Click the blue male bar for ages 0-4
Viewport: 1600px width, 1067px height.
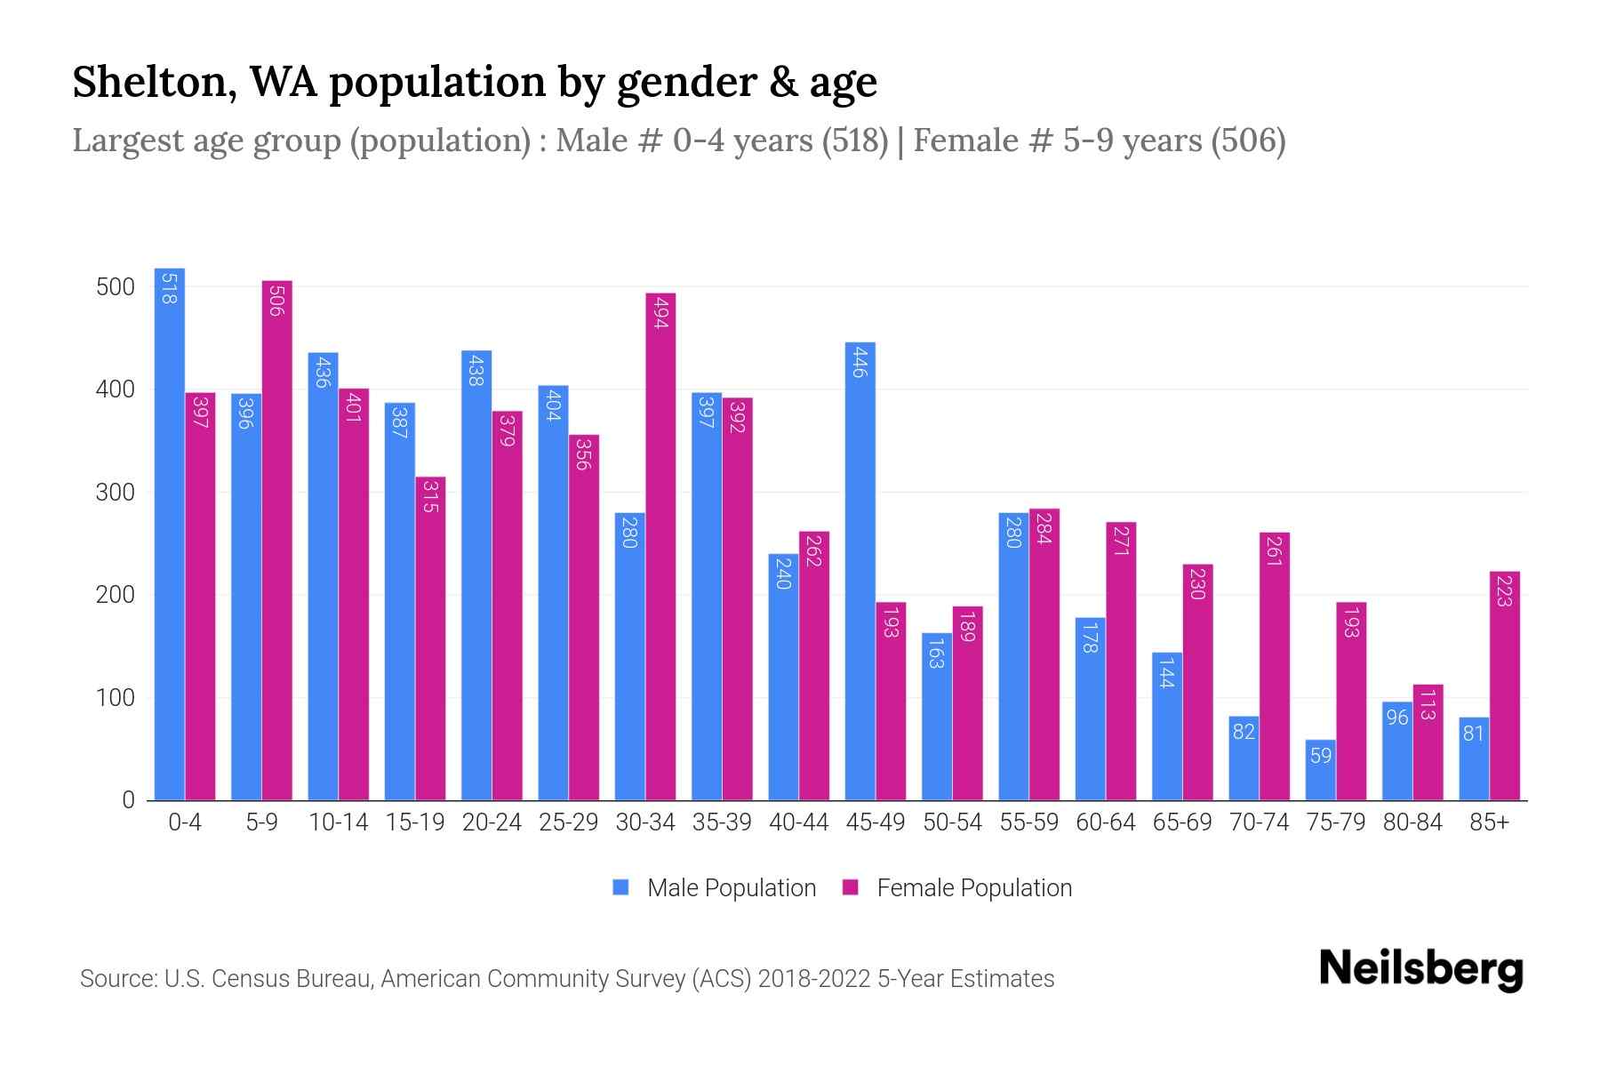pos(170,533)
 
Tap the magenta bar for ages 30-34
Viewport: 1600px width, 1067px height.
pos(660,547)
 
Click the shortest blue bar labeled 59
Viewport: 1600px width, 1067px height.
pos(1320,770)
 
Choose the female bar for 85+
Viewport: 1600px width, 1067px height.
pos(1504,686)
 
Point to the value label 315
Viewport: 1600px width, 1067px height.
pos(430,496)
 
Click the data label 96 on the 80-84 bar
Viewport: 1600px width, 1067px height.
pos(1397,717)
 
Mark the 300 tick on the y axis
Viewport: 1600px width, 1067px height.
pos(115,493)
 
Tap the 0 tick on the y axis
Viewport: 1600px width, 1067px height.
pos(128,800)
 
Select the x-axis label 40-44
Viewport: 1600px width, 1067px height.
pos(798,822)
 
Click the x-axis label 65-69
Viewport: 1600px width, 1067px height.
pos(1181,822)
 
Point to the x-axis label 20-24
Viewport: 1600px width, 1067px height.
pos(492,822)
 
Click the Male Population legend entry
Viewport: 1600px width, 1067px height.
pos(731,888)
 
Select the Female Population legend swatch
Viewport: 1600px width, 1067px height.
pos(851,887)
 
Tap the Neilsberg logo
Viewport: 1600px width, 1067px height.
pos(1420,969)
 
